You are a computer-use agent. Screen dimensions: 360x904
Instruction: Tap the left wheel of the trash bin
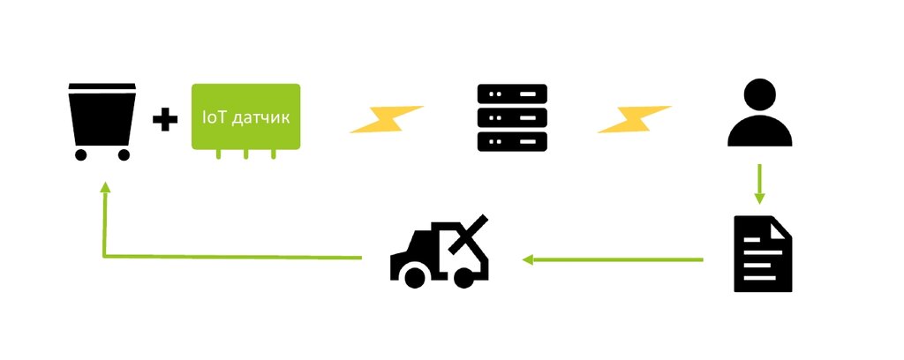tap(81, 154)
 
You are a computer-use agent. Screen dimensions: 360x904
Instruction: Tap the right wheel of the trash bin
tap(124, 154)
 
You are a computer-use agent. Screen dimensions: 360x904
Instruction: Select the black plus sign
tap(164, 120)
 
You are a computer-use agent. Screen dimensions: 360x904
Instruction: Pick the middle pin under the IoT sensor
tap(246, 154)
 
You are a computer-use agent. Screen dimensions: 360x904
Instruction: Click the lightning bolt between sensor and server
tap(387, 119)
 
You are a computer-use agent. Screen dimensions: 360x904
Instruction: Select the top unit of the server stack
tap(511, 93)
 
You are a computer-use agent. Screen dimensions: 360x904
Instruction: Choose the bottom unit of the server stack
tap(511, 141)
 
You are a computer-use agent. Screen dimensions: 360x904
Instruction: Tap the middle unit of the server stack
tap(511, 116)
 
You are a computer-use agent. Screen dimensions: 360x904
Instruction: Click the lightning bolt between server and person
tap(634, 119)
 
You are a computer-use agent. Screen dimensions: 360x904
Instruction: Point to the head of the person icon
tap(759, 94)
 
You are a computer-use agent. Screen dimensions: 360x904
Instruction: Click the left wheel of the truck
tap(412, 275)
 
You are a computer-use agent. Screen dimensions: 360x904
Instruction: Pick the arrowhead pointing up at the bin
tap(104, 188)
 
